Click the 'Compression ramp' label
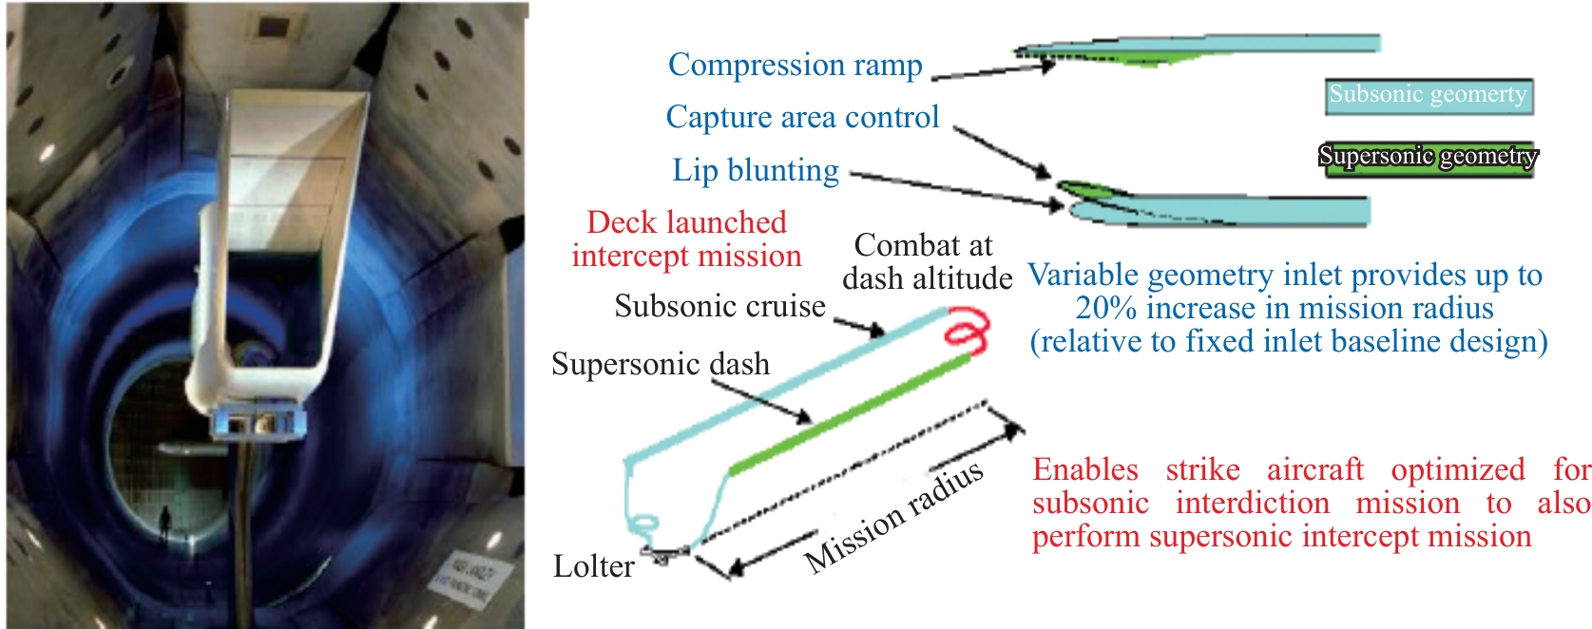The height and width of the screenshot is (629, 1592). pos(795,65)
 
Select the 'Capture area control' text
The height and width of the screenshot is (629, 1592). pos(802,117)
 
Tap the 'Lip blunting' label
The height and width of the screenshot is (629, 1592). pos(756,170)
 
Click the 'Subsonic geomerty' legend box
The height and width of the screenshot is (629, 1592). pos(1428,95)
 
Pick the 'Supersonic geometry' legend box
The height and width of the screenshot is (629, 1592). pos(1428,156)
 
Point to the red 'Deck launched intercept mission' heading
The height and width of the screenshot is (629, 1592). pos(686,238)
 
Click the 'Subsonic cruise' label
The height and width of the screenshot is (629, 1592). pos(719,306)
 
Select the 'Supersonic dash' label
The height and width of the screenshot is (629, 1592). pos(661,364)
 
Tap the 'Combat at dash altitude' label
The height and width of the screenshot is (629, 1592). pos(927,261)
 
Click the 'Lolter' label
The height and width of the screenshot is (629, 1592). pos(593,566)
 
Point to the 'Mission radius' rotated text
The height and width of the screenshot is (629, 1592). pos(893,518)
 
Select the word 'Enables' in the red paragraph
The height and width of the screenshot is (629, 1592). pos(1084,469)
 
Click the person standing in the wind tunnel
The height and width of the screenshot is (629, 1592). pos(165,522)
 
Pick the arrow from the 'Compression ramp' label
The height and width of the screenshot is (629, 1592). pos(993,70)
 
